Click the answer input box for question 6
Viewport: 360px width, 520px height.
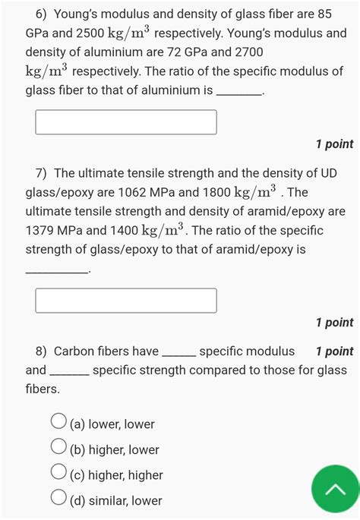pyautogui.click(x=126, y=122)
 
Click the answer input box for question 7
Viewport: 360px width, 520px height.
pyautogui.click(x=126, y=301)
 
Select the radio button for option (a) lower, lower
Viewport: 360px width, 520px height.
pyautogui.click(x=58, y=423)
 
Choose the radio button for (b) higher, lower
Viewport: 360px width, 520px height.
pyautogui.click(x=58, y=449)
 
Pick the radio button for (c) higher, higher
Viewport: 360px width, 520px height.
pyautogui.click(x=58, y=474)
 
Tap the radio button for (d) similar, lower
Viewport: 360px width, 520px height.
pyautogui.click(x=58, y=499)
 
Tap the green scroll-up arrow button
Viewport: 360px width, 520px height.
pyautogui.click(x=335, y=490)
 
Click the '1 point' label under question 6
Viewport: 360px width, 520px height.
pyautogui.click(x=334, y=144)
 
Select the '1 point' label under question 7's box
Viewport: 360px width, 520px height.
pyautogui.click(x=334, y=323)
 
